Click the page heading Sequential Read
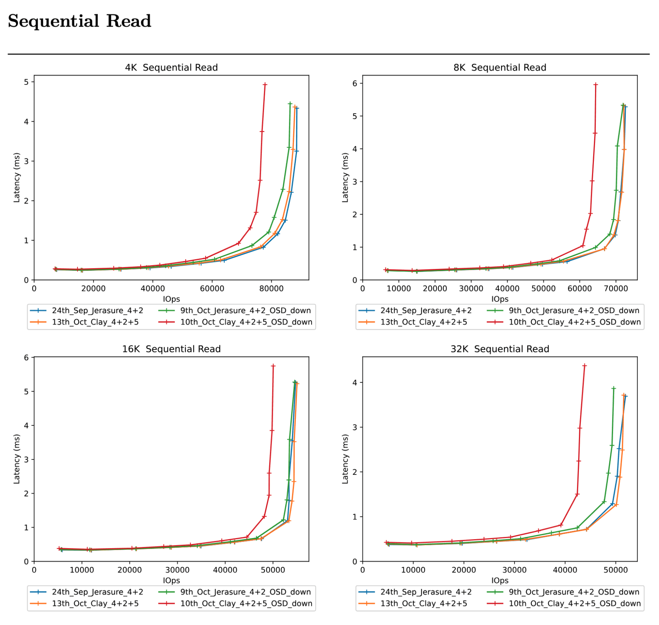tap(79, 21)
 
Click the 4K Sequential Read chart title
tap(171, 68)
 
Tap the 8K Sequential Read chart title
tap(500, 68)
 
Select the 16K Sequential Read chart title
tap(171, 349)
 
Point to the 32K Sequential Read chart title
tap(500, 349)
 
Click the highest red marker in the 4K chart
tap(265, 84)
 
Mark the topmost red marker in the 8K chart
tap(596, 84)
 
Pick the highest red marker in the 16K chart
tap(273, 366)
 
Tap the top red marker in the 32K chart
tap(584, 365)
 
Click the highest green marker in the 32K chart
tap(614, 389)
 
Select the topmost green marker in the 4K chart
tap(290, 104)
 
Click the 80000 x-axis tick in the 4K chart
tap(271, 289)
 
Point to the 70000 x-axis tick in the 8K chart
tap(615, 289)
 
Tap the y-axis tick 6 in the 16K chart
tap(26, 358)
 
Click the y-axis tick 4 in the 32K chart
tap(355, 383)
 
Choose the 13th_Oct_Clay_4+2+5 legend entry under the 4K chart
tap(95, 322)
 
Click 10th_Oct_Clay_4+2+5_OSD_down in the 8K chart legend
tap(575, 322)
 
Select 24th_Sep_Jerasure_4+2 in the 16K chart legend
tap(97, 592)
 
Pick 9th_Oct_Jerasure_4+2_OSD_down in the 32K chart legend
tap(574, 592)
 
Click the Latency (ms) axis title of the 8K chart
tap(345, 178)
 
